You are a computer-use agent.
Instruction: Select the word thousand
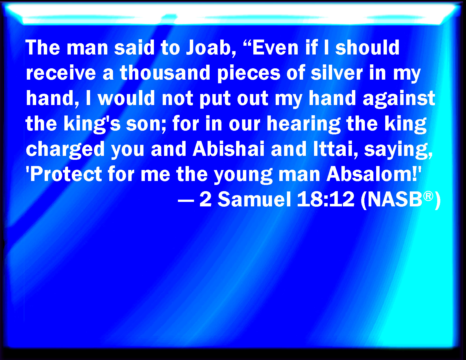coord(165,73)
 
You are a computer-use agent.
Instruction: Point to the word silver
coord(337,73)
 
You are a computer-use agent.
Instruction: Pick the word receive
coord(61,73)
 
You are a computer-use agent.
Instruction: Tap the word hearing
coord(303,125)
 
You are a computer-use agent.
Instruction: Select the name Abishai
coord(228,149)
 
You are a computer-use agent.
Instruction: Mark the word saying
coord(398,150)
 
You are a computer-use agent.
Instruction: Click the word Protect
coord(66,174)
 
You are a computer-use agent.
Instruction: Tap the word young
coord(243,176)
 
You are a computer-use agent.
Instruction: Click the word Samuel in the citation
coord(254,199)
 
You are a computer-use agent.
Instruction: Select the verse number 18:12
coord(326,199)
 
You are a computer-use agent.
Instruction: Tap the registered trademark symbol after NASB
coord(428,197)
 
